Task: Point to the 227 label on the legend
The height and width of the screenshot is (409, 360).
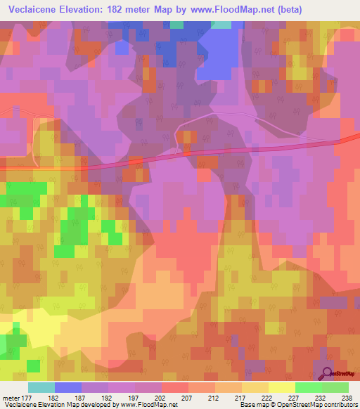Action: [309, 397]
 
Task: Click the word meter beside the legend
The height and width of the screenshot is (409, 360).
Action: [12, 397]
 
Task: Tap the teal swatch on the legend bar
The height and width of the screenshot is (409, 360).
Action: [41, 387]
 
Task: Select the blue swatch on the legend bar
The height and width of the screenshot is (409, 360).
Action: [68, 387]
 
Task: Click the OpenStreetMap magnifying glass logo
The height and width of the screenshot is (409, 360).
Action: [326, 374]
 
